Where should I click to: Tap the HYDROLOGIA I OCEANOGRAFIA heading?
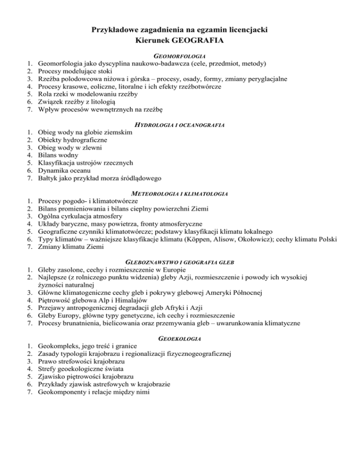[x=180, y=125]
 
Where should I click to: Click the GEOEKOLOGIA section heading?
[x=180, y=338]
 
